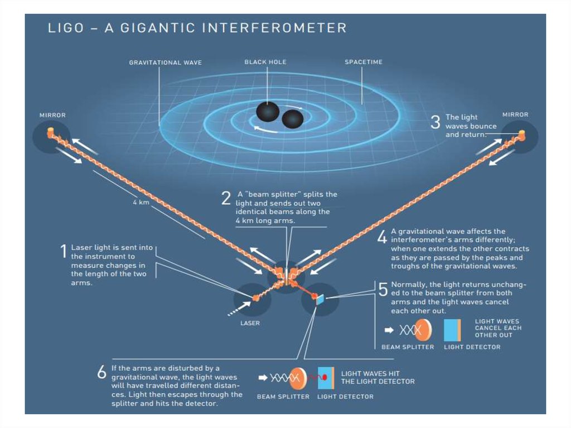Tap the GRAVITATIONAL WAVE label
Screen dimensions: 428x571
point(165,62)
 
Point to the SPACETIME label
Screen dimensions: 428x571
point(364,62)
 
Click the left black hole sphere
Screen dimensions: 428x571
point(268,111)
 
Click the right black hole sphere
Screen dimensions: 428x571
point(293,118)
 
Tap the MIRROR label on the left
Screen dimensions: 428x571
point(52,115)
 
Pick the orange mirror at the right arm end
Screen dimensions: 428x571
point(521,134)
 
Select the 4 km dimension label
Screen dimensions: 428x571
point(141,202)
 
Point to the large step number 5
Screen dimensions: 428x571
point(383,288)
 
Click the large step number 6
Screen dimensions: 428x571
point(101,373)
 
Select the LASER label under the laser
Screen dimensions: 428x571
point(250,323)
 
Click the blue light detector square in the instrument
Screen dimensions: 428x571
point(320,300)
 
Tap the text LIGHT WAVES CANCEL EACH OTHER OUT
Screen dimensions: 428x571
point(498,328)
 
